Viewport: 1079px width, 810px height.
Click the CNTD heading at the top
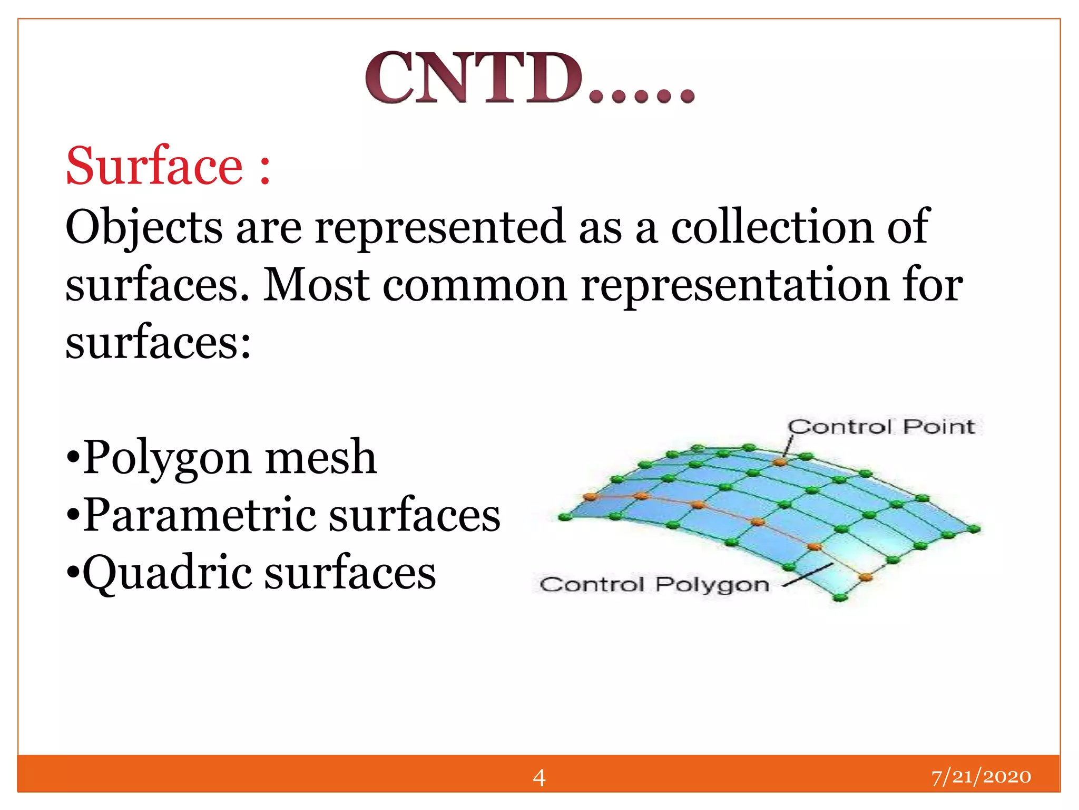tap(529, 78)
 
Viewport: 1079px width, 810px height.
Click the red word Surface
tap(154, 167)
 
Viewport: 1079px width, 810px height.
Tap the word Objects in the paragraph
tap(143, 228)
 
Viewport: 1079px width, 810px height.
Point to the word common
tap(475, 286)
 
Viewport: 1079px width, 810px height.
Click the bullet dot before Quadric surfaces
tap(73, 573)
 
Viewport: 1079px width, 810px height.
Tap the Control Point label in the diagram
tap(880, 427)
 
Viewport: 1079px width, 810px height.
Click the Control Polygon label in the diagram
tap(654, 584)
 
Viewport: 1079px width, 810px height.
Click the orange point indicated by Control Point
tap(779, 462)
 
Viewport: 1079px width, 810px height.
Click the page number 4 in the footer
tap(538, 777)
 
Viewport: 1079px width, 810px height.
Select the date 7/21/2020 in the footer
tap(980, 777)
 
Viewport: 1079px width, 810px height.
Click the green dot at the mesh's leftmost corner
tap(565, 517)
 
